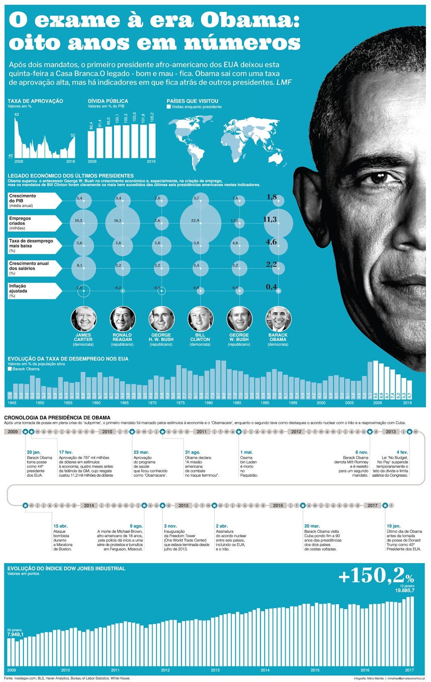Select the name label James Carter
(x=83, y=337)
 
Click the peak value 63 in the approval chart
(x=17, y=115)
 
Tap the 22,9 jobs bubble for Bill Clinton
(x=200, y=223)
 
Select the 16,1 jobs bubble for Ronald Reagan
(x=122, y=223)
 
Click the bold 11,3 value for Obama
(x=270, y=220)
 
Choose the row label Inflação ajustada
(x=18, y=289)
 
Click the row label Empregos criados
(x=20, y=221)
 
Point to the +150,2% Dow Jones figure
(x=376, y=576)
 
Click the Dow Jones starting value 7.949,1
(x=15, y=635)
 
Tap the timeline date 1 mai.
(x=246, y=452)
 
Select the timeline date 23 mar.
(x=141, y=452)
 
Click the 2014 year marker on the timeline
(x=89, y=506)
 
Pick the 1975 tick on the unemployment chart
(x=181, y=403)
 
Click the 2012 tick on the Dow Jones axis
(x=165, y=670)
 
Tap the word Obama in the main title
(x=250, y=20)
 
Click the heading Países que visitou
(x=192, y=101)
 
